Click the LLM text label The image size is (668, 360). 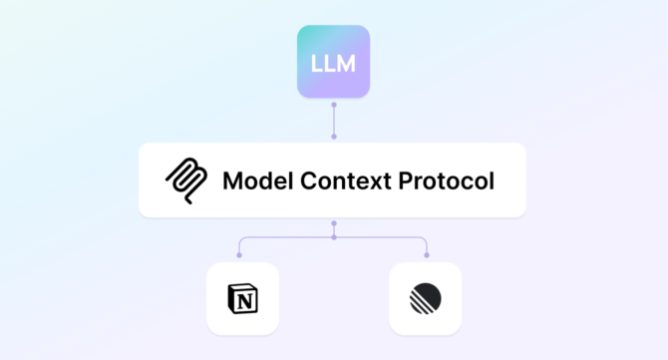coord(333,64)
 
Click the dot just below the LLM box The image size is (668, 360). coord(334,104)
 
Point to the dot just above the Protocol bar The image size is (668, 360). coord(334,137)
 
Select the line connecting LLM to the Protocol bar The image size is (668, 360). coord(334,120)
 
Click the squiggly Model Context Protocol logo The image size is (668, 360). coord(186,180)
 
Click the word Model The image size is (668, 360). coord(255,181)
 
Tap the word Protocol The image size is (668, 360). coord(445,181)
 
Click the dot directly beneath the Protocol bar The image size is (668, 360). coord(334,223)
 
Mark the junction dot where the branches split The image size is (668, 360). coord(334,237)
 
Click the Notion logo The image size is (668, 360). coord(242,298)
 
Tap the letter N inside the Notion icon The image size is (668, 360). coord(241,299)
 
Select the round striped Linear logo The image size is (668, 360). coord(426,298)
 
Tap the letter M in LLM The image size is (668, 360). coord(348,64)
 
